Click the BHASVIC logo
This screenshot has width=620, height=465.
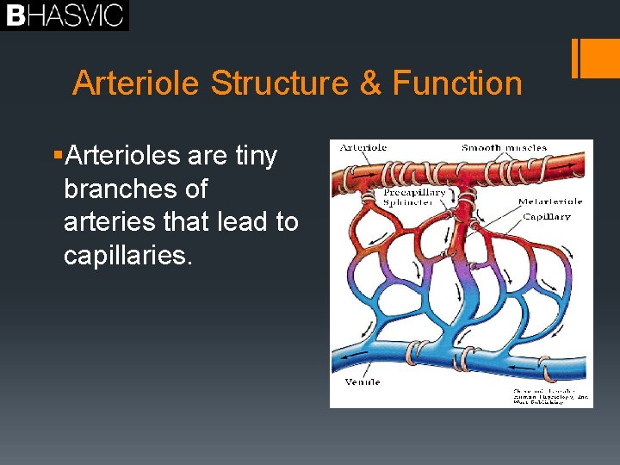coord(65,15)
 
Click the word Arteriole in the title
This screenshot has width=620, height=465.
coord(137,84)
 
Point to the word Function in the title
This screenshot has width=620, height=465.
coord(457,84)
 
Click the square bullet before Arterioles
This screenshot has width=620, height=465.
coord(56,156)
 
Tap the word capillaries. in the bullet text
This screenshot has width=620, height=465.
coord(123,256)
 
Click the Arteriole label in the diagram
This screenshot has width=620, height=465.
coord(363,148)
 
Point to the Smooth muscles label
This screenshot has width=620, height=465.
coord(504,148)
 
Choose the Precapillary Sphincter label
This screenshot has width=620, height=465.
coord(414,198)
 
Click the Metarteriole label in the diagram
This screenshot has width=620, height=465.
coord(550,201)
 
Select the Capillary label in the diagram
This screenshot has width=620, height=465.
coord(547,217)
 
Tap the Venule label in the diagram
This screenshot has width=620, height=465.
coord(363,381)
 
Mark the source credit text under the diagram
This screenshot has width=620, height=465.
coord(551,396)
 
